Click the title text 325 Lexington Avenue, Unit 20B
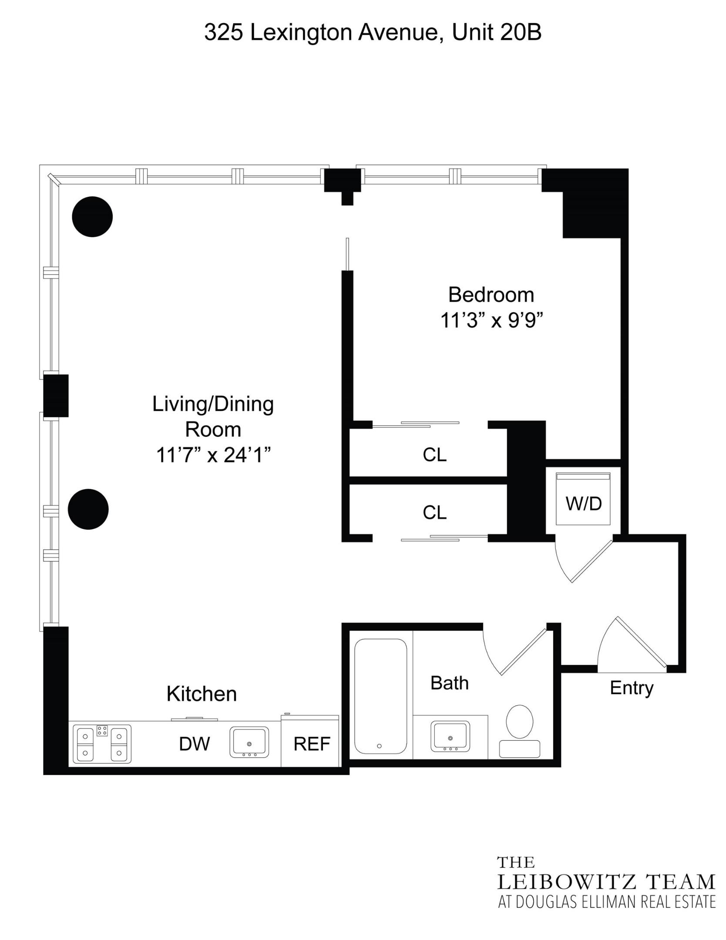tap(373, 33)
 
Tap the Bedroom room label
tap(491, 295)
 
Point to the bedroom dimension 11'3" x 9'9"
tap(492, 321)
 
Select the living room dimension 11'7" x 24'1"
tap(213, 455)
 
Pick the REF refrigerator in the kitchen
tap(312, 744)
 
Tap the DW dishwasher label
tap(194, 744)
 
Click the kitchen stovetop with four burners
tap(102, 743)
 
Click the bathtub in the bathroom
tap(380, 696)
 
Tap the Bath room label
tap(450, 683)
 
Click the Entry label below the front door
tap(632, 688)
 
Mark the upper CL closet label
tap(434, 455)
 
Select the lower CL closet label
tap(434, 513)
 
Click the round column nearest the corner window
tap(92, 217)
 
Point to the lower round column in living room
tap(88, 509)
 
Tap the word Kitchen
tap(202, 694)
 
